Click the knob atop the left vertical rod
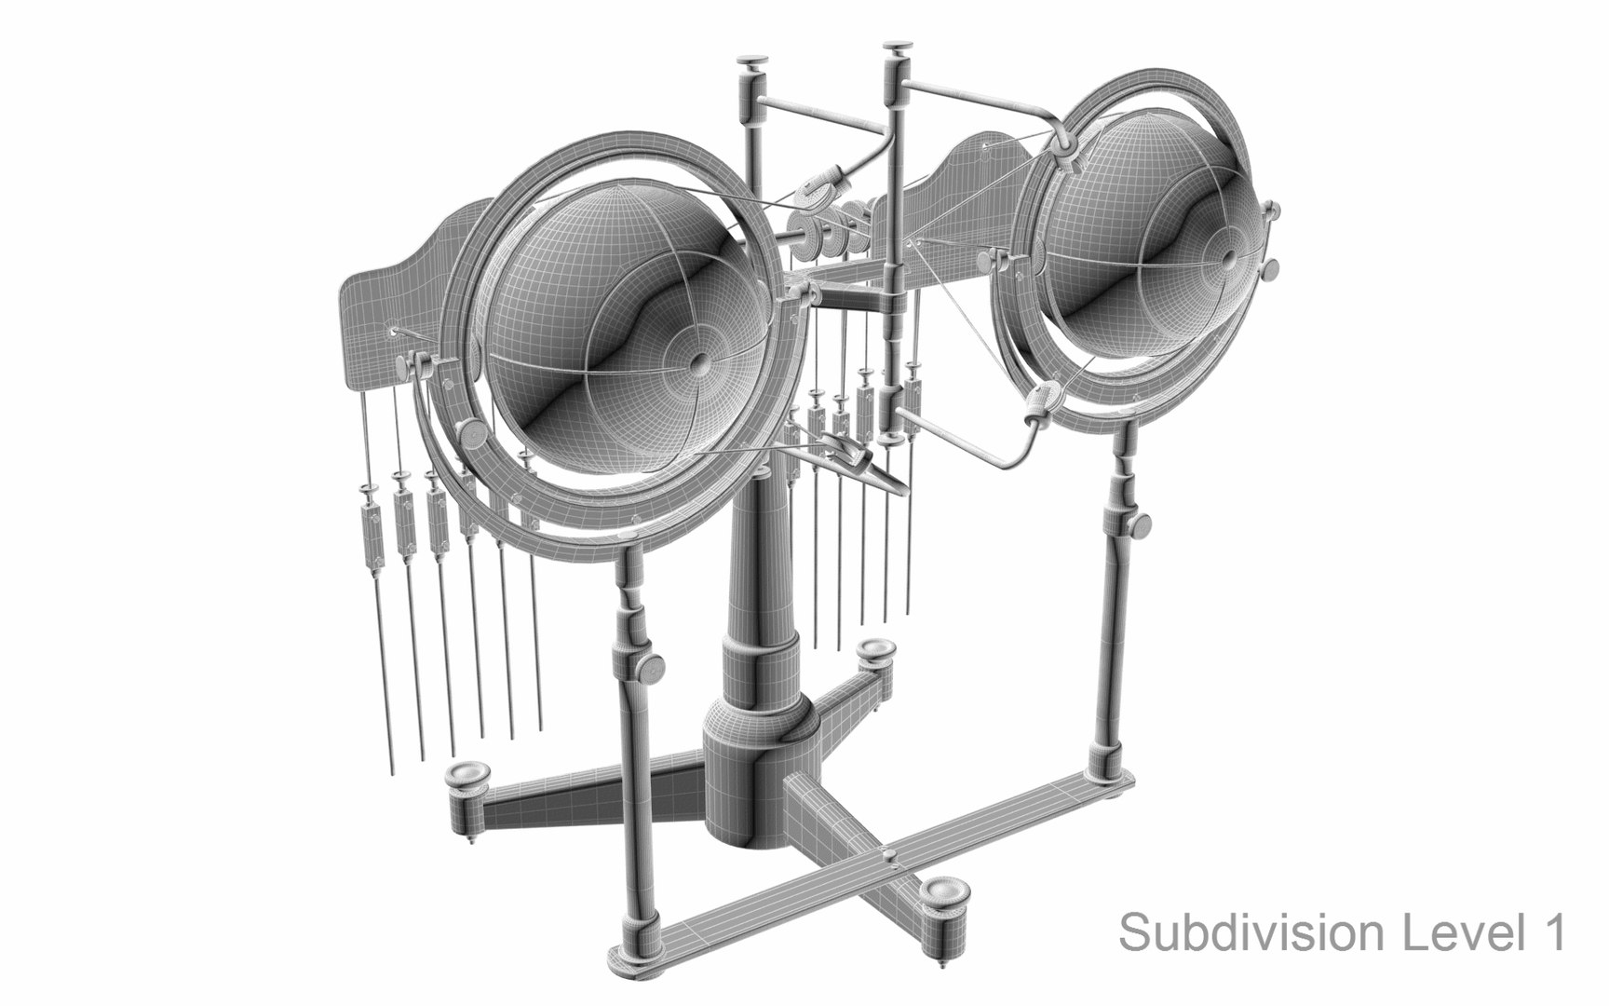749,62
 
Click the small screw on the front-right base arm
890,854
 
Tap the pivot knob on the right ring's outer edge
1268,270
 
